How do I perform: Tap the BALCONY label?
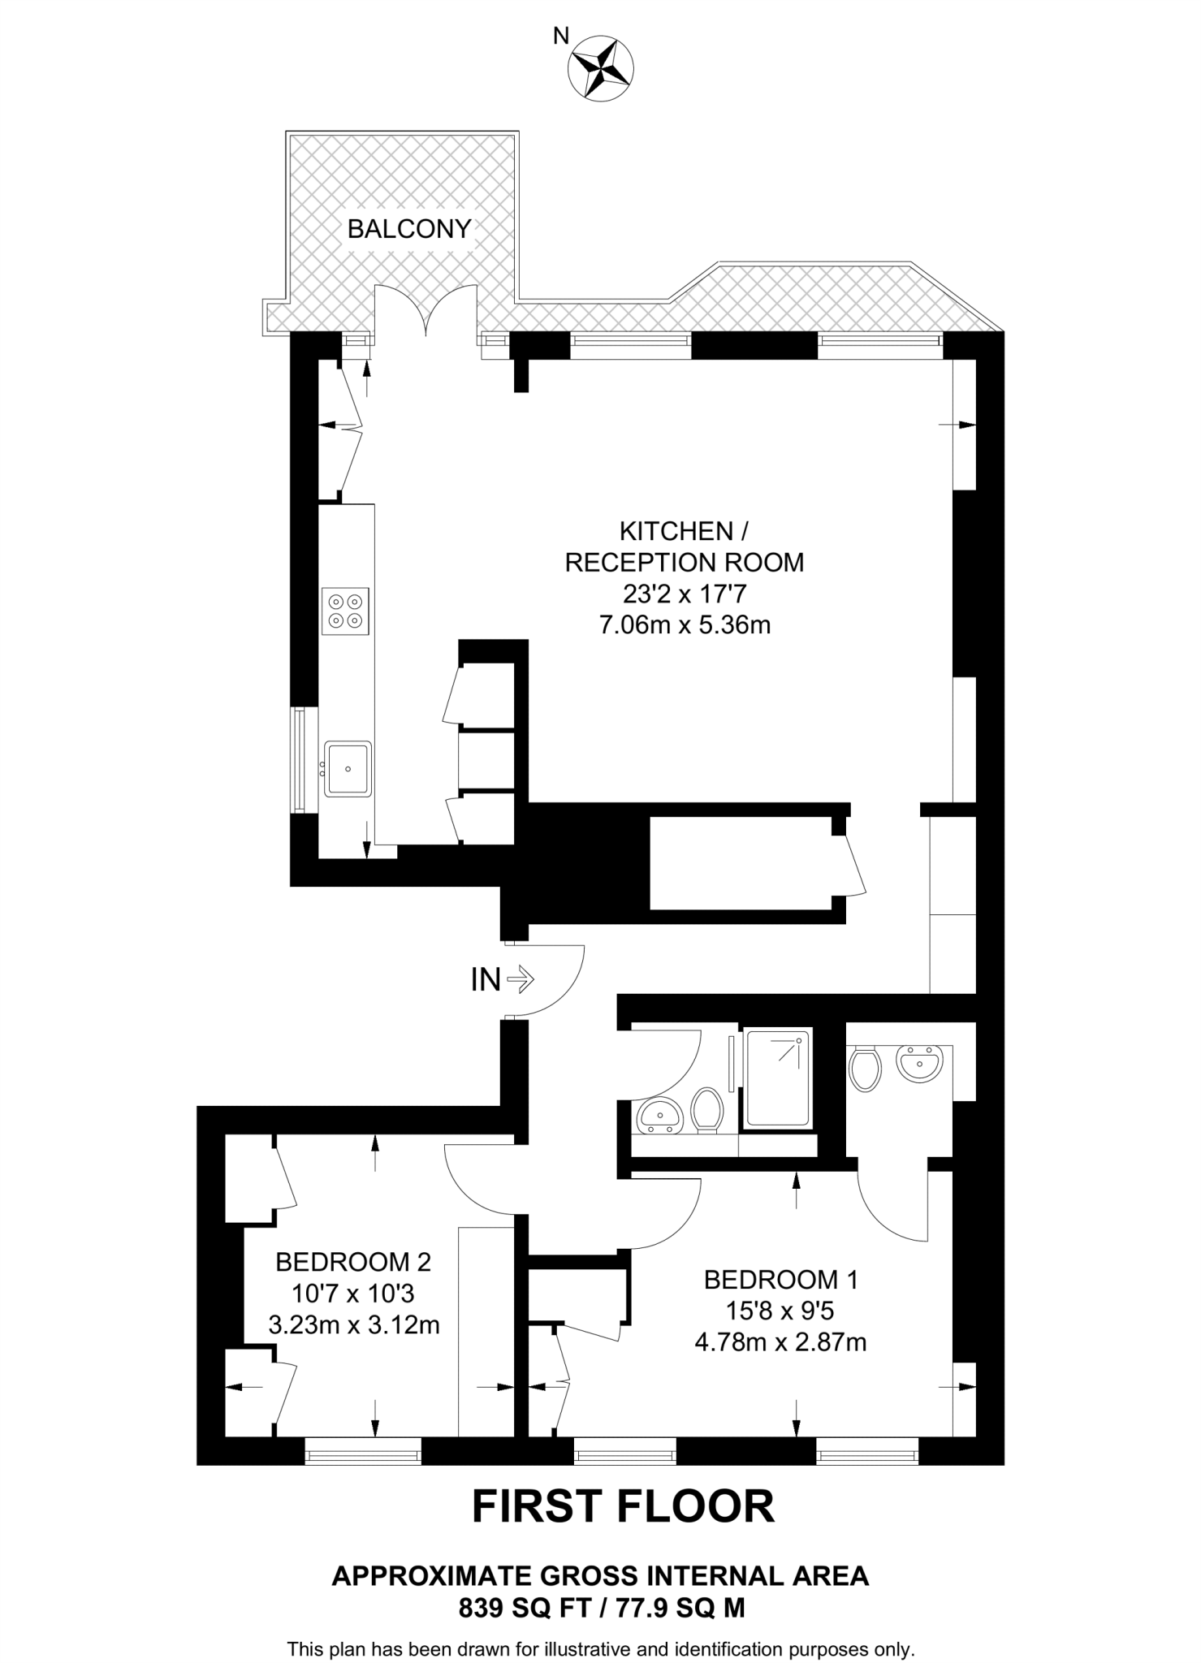pos(409,229)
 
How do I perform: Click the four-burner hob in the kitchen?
pos(345,611)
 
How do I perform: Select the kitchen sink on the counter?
pos(348,768)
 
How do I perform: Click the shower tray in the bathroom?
pos(778,1079)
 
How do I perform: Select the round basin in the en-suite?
pos(920,1063)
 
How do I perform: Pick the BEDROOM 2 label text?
pos(353,1262)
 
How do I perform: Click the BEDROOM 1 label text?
pos(780,1280)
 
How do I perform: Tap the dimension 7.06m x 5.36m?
pos(684,625)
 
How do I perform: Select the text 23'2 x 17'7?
pos(684,594)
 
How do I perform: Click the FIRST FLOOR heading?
pos(623,1507)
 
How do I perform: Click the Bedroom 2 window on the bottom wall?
pos(363,1451)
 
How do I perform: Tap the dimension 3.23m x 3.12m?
pos(353,1325)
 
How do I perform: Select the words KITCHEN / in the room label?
pos(684,531)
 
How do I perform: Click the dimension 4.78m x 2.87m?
pos(780,1342)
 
